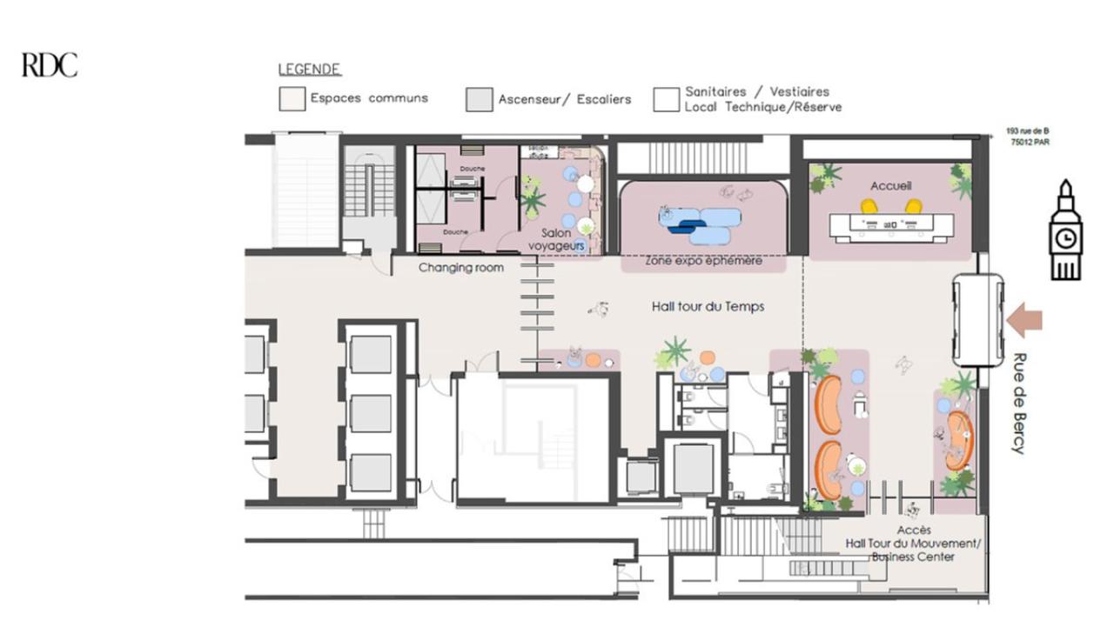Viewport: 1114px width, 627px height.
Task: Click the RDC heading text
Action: (x=50, y=65)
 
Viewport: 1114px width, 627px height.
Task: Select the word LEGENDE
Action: (x=309, y=70)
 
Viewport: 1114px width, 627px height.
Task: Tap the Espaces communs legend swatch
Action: (x=292, y=99)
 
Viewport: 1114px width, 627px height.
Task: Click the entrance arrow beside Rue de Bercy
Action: (x=1023, y=321)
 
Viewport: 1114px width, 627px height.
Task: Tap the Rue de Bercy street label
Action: (x=1018, y=403)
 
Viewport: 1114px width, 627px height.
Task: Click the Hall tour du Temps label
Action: (x=702, y=307)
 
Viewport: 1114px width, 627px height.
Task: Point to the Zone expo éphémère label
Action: (x=703, y=261)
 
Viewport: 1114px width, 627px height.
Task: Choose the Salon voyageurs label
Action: (x=555, y=240)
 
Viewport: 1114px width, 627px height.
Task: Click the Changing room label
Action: (x=460, y=268)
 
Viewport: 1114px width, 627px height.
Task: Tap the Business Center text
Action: (x=913, y=557)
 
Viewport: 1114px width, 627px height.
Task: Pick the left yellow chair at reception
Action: (x=869, y=207)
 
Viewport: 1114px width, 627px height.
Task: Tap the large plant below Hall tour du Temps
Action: (x=673, y=352)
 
